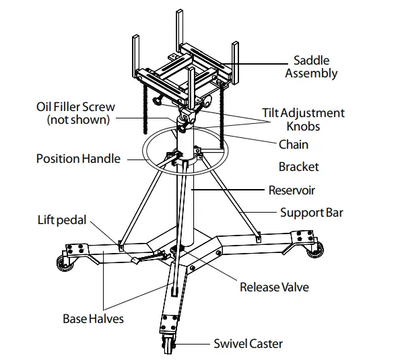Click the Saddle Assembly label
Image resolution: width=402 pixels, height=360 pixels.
click(310, 66)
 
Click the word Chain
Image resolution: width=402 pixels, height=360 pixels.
click(294, 144)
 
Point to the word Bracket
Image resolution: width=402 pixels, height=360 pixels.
click(298, 166)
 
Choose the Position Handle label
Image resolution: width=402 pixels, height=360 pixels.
click(78, 159)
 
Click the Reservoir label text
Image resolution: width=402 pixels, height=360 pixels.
click(292, 190)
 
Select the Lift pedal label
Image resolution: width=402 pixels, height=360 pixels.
click(62, 221)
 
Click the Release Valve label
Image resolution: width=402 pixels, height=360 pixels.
click(274, 287)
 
